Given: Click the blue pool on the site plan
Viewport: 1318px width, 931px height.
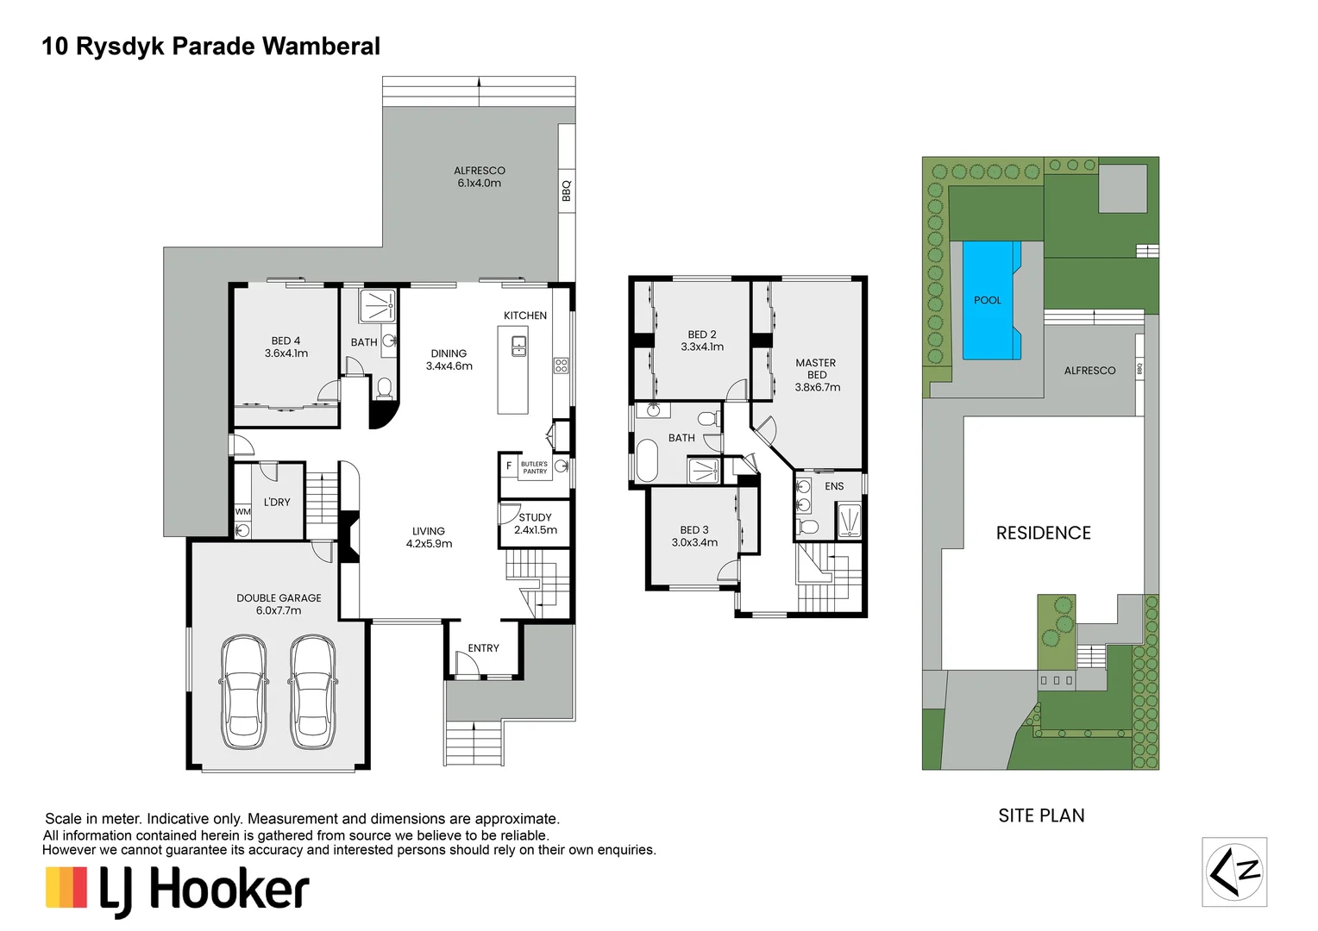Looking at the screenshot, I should pyautogui.click(x=989, y=300).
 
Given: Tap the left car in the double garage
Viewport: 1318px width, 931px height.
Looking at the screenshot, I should pyautogui.click(x=243, y=692).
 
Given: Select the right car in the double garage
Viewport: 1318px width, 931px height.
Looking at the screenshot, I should pyautogui.click(x=311, y=692).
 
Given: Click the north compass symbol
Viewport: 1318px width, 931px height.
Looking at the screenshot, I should pyautogui.click(x=1234, y=872).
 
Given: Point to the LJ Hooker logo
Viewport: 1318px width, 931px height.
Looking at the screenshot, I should pyautogui.click(x=178, y=890).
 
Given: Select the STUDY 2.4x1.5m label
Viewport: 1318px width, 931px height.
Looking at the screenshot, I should pyautogui.click(x=535, y=524).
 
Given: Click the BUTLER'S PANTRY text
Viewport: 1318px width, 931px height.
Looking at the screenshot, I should pyautogui.click(x=534, y=467).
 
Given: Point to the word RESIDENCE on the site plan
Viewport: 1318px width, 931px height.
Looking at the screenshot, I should pyautogui.click(x=1043, y=533).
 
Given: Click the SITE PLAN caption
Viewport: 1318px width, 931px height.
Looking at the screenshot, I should pyautogui.click(x=1041, y=815).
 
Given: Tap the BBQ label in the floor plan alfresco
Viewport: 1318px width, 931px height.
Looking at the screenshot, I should pyautogui.click(x=567, y=191).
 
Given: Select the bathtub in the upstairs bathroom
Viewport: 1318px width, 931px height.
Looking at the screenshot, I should pyautogui.click(x=647, y=460).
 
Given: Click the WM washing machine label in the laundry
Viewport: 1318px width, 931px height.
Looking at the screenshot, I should pyautogui.click(x=243, y=512).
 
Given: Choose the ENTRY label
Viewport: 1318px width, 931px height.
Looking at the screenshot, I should pyautogui.click(x=483, y=648).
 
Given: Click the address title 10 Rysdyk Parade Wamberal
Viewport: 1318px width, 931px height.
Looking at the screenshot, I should pyautogui.click(x=210, y=47).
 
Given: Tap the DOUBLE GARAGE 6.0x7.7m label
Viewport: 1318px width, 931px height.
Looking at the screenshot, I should pyautogui.click(x=279, y=603).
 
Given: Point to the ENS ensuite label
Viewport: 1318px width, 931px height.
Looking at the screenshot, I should pyautogui.click(x=834, y=486).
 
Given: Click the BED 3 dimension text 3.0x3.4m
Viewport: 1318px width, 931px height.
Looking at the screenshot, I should pyautogui.click(x=694, y=542).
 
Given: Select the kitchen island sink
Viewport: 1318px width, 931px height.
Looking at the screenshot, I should pyautogui.click(x=518, y=347).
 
